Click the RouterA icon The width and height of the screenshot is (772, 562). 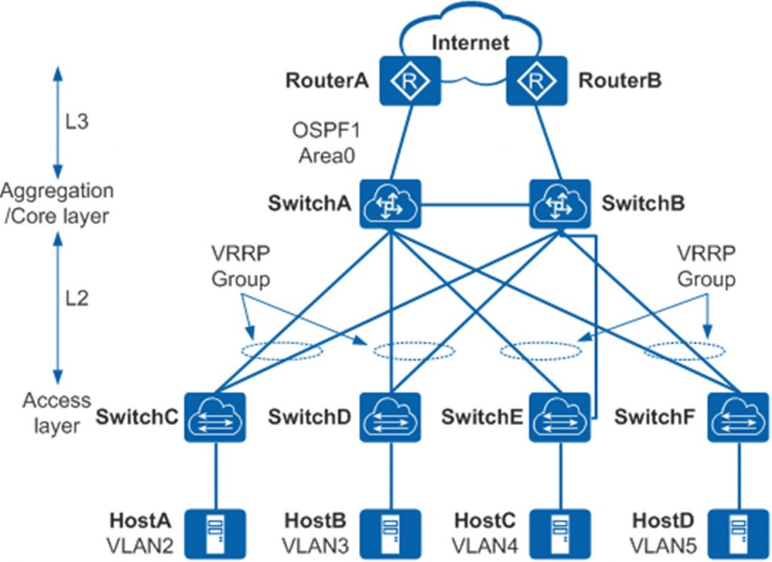(x=409, y=81)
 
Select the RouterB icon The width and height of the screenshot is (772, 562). (x=536, y=81)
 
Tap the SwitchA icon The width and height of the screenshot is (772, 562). (x=391, y=203)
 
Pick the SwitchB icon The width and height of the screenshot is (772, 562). (x=559, y=203)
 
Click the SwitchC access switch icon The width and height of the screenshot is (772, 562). (x=216, y=417)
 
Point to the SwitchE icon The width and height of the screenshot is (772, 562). (x=559, y=417)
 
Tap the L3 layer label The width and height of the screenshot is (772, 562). (x=78, y=121)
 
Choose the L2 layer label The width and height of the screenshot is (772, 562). (x=78, y=298)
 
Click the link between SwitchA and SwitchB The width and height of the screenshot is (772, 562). (x=475, y=203)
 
